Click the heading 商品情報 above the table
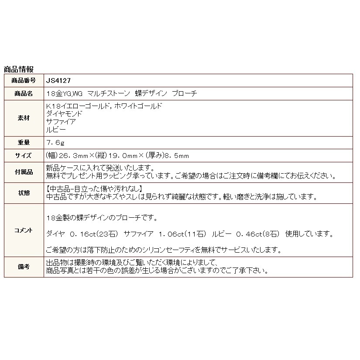click(x=18, y=69)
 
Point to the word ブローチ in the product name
click(x=185, y=93)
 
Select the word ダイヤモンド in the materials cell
click(x=64, y=113)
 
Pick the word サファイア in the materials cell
click(x=61, y=121)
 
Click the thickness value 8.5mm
click(x=177, y=155)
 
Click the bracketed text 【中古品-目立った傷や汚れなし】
click(x=94, y=189)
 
